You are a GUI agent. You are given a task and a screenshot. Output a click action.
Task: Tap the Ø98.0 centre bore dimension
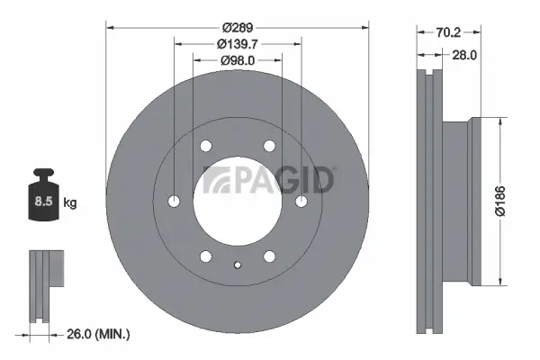(238, 59)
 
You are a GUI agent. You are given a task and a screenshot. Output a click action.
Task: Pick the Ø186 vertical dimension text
(513, 202)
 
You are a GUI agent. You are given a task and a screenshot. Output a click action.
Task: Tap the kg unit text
(70, 203)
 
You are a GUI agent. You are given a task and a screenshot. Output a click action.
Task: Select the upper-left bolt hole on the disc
(206, 146)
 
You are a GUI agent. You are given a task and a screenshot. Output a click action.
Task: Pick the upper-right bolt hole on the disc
(269, 146)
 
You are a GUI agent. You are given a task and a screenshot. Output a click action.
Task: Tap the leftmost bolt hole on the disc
(175, 200)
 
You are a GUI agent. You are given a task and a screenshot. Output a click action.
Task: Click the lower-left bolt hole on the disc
(206, 255)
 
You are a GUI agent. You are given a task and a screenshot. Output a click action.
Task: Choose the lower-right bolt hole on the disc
(269, 256)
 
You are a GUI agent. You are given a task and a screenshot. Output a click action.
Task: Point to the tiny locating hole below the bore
(238, 265)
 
